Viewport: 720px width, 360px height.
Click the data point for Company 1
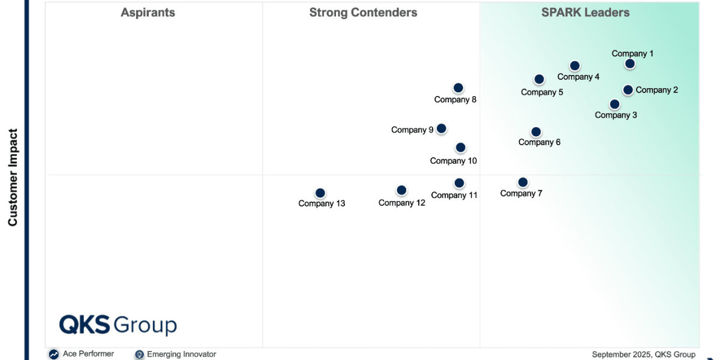point(630,64)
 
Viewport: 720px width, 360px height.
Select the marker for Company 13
point(320,193)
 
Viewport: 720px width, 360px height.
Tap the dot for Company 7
point(523,182)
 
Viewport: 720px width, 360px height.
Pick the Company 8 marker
point(458,88)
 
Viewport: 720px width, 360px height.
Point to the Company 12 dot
point(402,190)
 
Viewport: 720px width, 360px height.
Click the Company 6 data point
point(536,132)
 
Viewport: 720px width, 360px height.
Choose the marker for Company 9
point(442,128)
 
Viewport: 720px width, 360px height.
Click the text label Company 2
point(657,90)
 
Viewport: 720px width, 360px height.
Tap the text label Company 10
point(454,161)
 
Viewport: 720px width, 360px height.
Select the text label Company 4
point(578,77)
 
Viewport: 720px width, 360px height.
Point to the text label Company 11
point(454,195)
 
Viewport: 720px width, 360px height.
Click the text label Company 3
point(616,115)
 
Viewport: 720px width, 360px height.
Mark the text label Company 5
point(542,92)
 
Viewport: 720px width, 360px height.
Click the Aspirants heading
point(148,13)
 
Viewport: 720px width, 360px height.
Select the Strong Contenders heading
point(364,13)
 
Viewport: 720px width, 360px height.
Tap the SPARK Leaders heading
point(586,13)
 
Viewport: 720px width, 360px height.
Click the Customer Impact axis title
point(13,178)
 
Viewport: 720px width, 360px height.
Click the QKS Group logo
point(118,325)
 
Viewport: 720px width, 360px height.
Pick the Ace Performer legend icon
point(54,355)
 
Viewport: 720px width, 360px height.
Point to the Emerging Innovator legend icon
point(140,355)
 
